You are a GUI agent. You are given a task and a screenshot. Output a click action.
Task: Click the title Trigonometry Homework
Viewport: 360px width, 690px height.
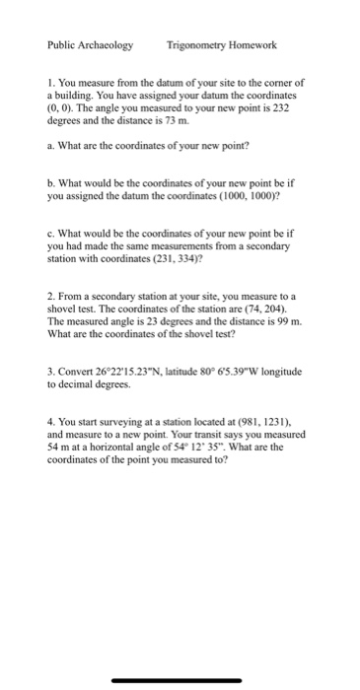tap(222, 45)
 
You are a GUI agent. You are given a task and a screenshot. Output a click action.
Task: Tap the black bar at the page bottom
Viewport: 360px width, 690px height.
tap(178, 680)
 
